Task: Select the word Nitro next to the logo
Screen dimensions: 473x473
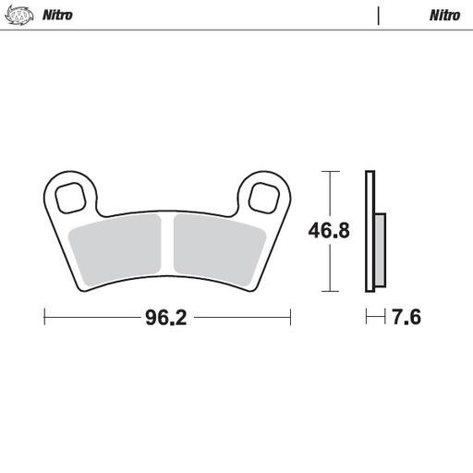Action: coord(57,15)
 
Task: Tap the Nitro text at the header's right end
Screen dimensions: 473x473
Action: coord(444,15)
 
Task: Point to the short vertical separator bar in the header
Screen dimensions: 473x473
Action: coord(379,15)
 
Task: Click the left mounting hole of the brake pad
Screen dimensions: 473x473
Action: coord(71,197)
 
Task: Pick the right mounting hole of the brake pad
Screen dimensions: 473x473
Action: coord(264,197)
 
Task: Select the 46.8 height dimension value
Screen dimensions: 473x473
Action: coord(329,231)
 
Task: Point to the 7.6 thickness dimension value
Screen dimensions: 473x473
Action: coord(406,319)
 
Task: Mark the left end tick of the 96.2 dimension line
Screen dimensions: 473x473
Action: coord(45,318)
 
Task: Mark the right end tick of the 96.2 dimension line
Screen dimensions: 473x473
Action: coord(291,318)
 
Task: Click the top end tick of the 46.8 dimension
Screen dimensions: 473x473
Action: coord(329,172)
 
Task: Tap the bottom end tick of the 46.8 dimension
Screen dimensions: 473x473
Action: coord(329,290)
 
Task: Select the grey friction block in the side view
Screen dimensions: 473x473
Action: coord(381,249)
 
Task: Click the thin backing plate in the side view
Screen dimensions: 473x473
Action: coord(370,231)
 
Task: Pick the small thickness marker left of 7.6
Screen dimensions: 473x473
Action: coord(374,318)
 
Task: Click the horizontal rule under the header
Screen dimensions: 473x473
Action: coord(236,30)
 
